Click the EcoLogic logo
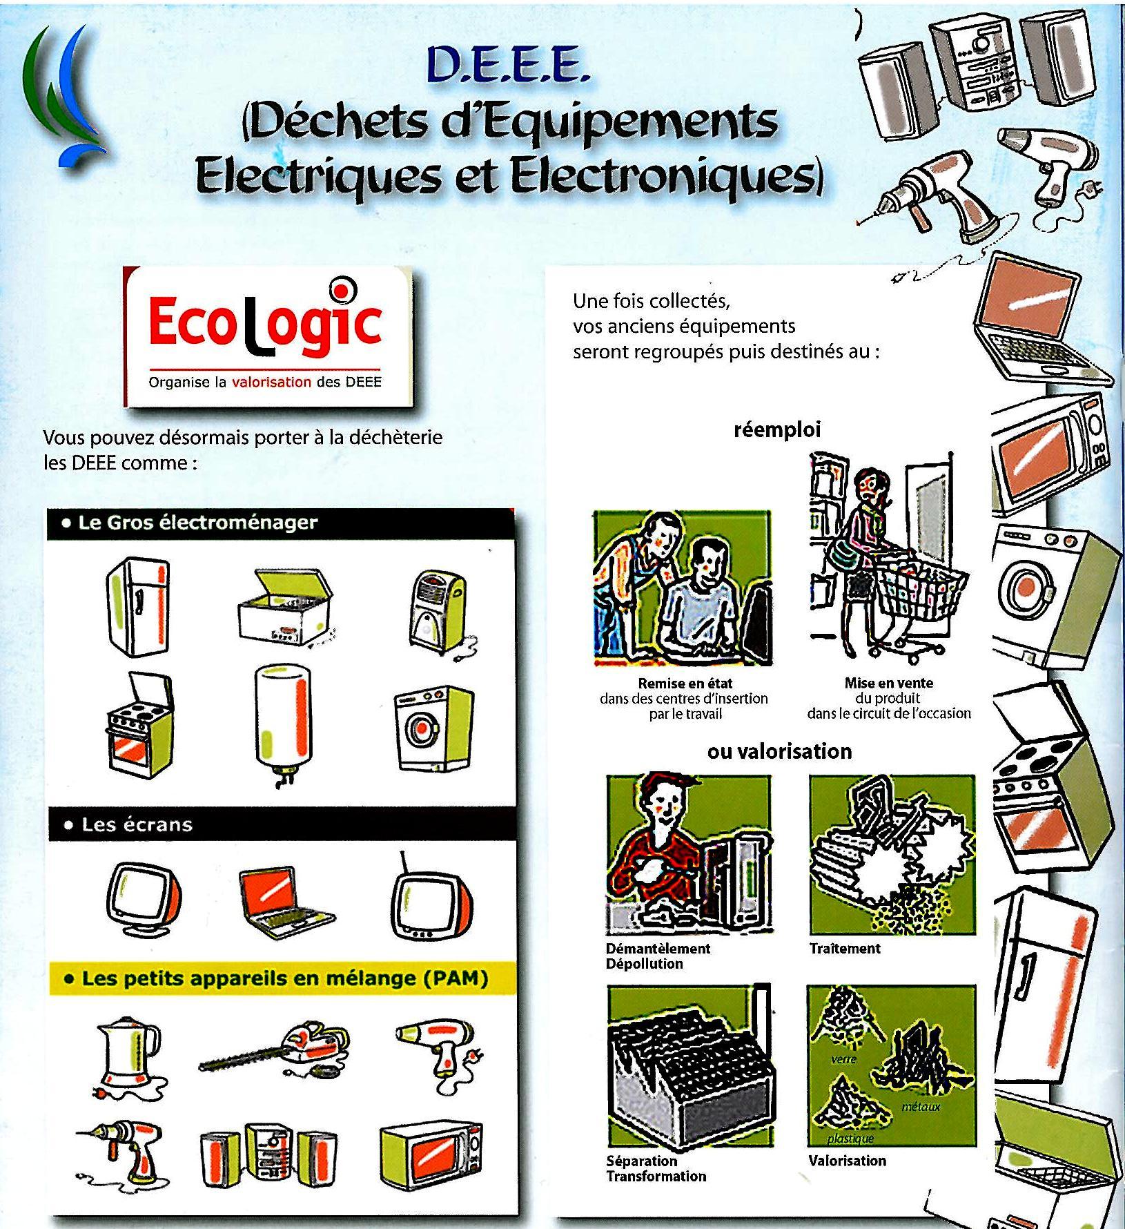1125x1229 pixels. click(x=266, y=338)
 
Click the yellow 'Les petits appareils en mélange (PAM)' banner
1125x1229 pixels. click(x=283, y=978)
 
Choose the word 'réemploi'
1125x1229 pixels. click(x=776, y=430)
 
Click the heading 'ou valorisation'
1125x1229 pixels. click(x=779, y=751)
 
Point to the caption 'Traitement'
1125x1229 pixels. click(x=845, y=949)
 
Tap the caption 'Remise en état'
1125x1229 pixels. click(x=685, y=684)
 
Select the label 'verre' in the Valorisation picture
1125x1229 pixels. click(x=843, y=1058)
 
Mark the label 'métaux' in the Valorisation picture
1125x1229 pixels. click(x=921, y=1107)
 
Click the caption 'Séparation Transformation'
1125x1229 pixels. click(x=656, y=1168)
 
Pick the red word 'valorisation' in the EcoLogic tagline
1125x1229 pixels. click(x=271, y=382)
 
